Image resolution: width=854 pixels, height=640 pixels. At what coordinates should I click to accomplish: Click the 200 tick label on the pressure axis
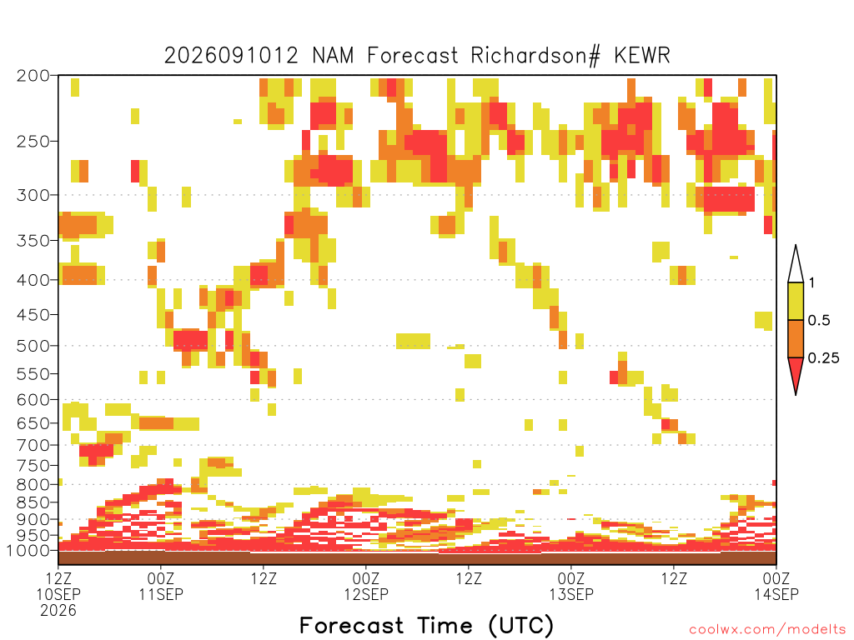click(x=33, y=76)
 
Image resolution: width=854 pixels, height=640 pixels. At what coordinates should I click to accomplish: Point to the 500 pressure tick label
click(x=33, y=346)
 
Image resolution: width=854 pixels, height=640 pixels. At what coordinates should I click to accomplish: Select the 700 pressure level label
click(x=33, y=445)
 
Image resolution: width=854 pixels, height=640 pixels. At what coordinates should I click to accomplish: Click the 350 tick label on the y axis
click(x=33, y=241)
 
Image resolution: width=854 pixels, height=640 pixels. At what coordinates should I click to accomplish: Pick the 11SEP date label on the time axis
click(x=161, y=593)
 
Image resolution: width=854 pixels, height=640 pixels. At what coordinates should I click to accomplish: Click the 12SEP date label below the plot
click(x=366, y=593)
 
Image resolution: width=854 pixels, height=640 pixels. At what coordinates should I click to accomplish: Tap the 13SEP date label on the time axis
click(x=571, y=593)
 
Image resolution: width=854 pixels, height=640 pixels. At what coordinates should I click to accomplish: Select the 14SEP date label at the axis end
click(x=776, y=593)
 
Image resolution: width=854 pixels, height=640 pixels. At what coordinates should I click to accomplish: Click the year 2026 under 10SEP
click(x=58, y=610)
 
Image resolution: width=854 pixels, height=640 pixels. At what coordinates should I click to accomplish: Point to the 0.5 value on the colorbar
click(x=819, y=321)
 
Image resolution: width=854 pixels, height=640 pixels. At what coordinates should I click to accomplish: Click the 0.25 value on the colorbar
click(x=823, y=358)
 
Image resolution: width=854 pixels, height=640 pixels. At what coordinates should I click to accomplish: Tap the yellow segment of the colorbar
click(x=796, y=301)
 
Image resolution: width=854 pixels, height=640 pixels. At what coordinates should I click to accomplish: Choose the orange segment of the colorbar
click(x=796, y=338)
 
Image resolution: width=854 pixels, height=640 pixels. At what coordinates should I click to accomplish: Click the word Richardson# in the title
click(x=535, y=56)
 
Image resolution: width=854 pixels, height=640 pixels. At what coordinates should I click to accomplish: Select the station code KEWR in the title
click(x=642, y=55)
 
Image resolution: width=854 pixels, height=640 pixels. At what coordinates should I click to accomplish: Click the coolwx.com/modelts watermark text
click(x=767, y=630)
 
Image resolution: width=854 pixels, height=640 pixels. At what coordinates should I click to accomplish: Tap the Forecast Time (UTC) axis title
click(x=426, y=626)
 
